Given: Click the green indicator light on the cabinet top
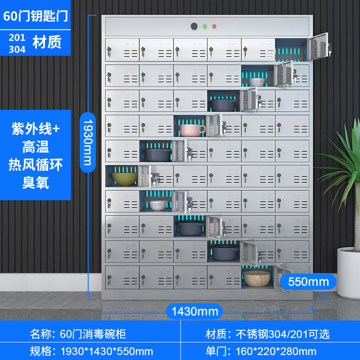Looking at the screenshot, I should coord(205,27).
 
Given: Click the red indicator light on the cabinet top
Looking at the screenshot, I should coord(214,27).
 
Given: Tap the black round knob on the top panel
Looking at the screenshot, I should coord(194,27).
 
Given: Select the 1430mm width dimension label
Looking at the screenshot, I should coord(195,310).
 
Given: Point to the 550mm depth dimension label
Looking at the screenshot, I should coord(308,282).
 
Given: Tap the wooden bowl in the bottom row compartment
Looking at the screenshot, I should coord(255,279).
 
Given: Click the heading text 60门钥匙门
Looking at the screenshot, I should coord(35,15).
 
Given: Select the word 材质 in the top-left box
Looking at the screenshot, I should coord(47,42).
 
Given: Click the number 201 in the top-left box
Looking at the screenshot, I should coord(17,38).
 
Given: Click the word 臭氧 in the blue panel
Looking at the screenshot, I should coord(36,182).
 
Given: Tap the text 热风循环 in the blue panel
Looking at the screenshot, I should coord(36,165).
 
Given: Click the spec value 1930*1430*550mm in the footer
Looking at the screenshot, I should coord(106,351).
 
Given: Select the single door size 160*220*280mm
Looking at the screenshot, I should coord(276,351).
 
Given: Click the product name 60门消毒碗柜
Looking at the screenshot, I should coord(93,334).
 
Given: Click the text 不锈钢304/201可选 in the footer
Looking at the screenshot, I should coord(283,334).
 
